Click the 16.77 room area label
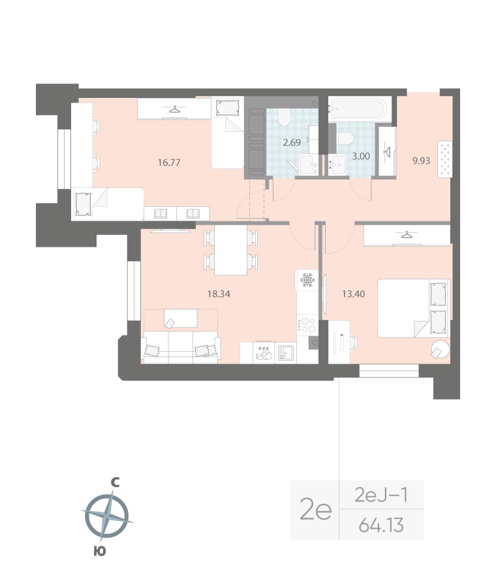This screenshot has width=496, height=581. [x=169, y=163]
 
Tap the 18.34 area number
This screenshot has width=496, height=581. [x=219, y=294]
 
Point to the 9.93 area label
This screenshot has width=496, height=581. [x=421, y=159]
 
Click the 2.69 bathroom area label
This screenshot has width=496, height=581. [x=292, y=142]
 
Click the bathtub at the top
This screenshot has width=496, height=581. [x=358, y=107]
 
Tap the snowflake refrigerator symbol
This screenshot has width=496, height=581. [x=306, y=281]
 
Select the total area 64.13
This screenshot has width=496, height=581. [x=382, y=524]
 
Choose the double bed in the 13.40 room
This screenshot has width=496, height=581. [x=413, y=307]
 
